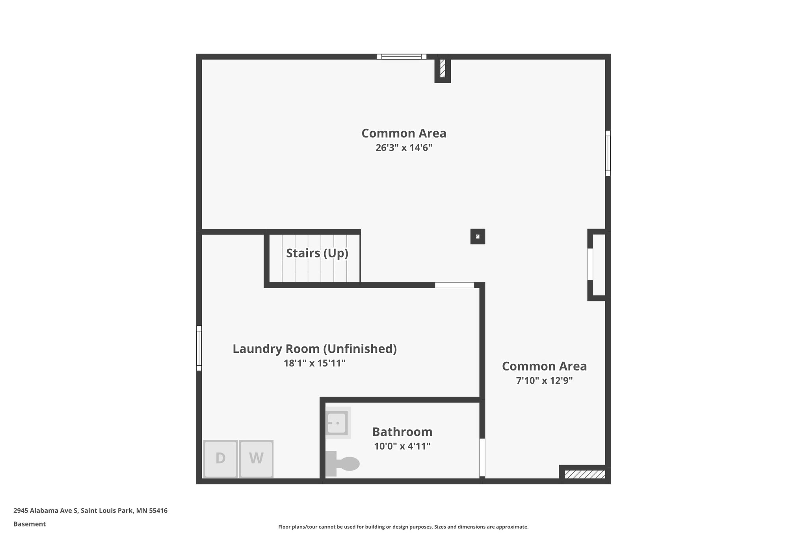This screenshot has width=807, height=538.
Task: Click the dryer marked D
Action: [220, 458]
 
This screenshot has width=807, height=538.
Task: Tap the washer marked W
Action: [256, 458]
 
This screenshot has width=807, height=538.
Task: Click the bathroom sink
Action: [337, 423]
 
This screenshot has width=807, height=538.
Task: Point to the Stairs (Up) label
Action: [317, 253]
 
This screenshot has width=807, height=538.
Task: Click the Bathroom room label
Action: [402, 432]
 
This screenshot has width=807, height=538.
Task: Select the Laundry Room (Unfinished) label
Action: [314, 349]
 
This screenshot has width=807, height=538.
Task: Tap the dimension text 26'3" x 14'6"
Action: [403, 148]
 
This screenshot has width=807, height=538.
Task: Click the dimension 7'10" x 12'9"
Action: [544, 381]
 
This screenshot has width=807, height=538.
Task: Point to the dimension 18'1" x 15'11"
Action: [314, 363]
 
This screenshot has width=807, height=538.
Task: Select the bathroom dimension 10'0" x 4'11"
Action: [402, 446]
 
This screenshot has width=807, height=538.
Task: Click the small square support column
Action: [478, 236]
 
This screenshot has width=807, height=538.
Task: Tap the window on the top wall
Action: [401, 57]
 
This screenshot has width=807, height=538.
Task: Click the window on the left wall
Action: [199, 348]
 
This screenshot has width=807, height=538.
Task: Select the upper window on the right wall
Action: [608, 153]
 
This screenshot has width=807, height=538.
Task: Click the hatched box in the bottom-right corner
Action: [584, 474]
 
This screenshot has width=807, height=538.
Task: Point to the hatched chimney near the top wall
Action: [443, 69]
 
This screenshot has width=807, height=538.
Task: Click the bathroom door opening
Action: [482, 457]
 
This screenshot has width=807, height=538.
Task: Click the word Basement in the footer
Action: [30, 524]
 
